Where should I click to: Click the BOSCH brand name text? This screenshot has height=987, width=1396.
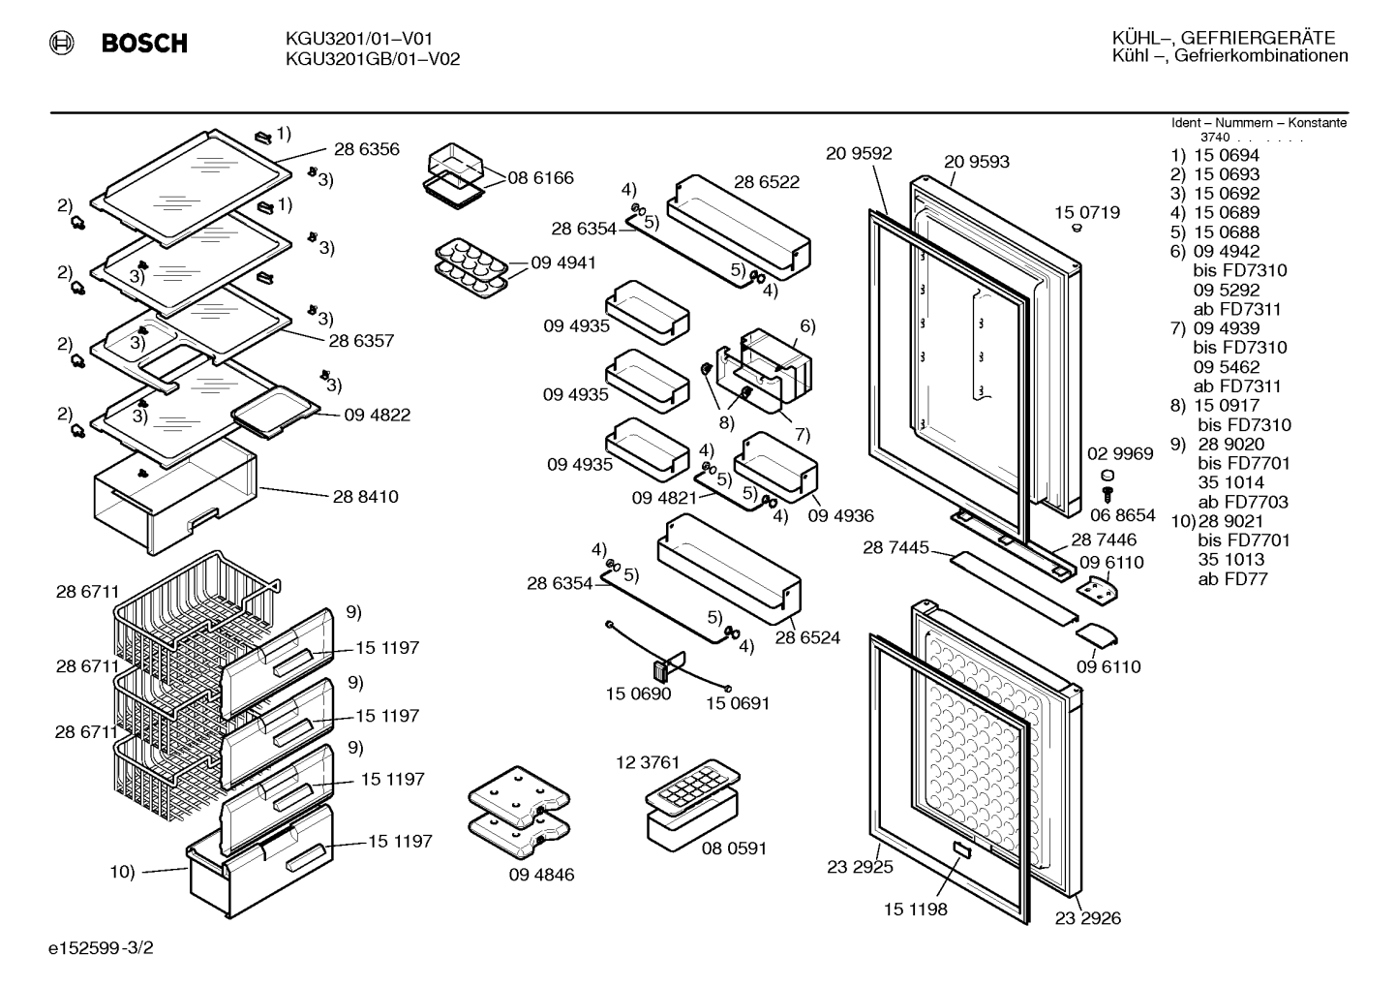(x=144, y=43)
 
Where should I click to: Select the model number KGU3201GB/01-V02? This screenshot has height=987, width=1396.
(x=373, y=59)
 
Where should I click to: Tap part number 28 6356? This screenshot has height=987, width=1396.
(x=367, y=149)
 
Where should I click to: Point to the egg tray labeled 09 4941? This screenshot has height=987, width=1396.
(x=471, y=268)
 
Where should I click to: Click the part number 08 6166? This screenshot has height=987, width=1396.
(x=540, y=177)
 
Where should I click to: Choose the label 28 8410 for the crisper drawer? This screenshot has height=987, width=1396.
(x=365, y=496)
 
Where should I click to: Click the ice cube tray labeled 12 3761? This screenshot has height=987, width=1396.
(x=693, y=787)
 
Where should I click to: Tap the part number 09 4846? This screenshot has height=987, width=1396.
(x=541, y=874)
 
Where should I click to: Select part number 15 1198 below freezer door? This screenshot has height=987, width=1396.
(x=916, y=910)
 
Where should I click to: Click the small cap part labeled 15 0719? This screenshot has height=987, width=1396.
(x=1077, y=229)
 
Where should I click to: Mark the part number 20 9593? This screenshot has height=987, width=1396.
(x=977, y=162)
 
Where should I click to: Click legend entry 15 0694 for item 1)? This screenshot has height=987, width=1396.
(x=1227, y=155)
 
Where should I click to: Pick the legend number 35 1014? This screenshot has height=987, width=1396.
(x=1230, y=482)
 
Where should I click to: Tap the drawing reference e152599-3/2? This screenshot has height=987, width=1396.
(x=101, y=948)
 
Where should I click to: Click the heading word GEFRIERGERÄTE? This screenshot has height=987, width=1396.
(x=1259, y=38)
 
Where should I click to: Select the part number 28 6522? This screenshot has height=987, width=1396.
(x=767, y=182)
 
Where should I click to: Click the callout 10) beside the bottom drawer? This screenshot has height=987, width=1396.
(x=122, y=872)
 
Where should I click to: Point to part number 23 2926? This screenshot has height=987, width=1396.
(x=1088, y=918)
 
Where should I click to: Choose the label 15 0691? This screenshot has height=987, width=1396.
(x=738, y=703)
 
